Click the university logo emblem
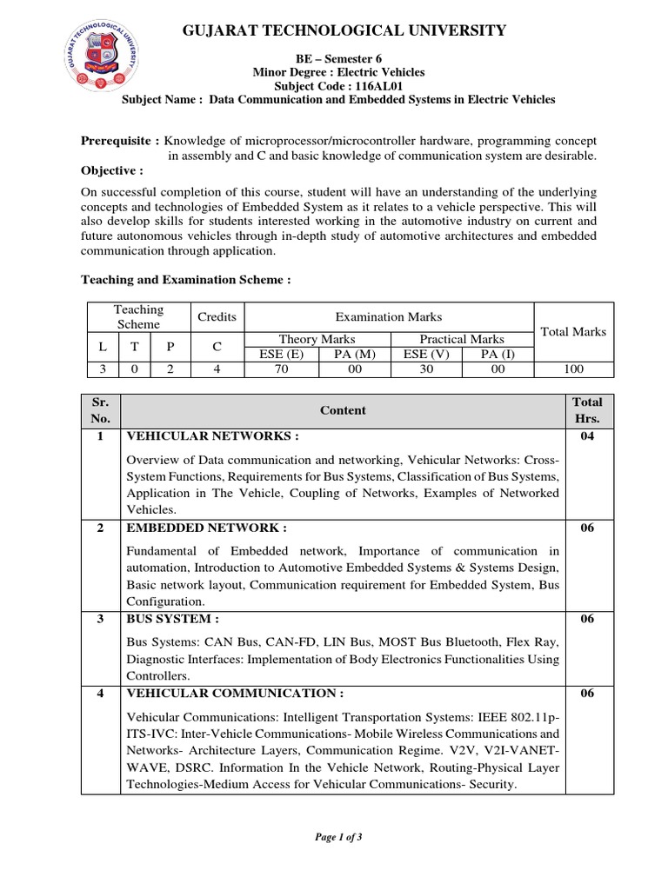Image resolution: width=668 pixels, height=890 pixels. (100, 58)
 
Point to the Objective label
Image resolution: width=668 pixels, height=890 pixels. (112, 170)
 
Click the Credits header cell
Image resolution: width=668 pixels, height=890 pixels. (217, 317)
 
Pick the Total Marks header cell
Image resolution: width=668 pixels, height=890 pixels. (573, 331)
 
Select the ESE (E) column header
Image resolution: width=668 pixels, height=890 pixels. (284, 354)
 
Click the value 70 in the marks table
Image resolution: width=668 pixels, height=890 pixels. (284, 369)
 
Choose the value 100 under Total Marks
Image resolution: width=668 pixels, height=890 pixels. (573, 369)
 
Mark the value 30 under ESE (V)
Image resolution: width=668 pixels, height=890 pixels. (427, 369)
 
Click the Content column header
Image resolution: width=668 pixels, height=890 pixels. (343, 410)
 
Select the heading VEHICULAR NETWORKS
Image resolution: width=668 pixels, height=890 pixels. (212, 436)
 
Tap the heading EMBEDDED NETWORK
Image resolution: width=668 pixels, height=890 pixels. (206, 528)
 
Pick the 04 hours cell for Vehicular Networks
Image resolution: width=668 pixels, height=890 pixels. (587, 436)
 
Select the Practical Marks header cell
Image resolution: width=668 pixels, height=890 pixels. (462, 339)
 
